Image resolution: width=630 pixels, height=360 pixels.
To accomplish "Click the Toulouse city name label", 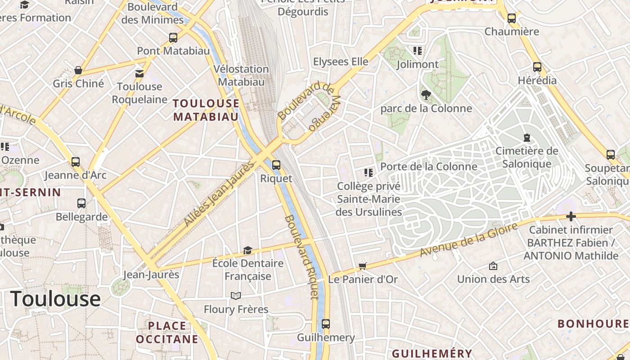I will point(55,299).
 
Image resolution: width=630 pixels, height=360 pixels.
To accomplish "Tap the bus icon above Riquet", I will point(276,165).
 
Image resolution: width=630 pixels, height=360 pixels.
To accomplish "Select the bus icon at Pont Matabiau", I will point(173,38).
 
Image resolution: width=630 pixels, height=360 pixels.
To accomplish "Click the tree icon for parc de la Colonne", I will point(426,95).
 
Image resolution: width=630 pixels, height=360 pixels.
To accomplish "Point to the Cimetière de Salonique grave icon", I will point(526,138).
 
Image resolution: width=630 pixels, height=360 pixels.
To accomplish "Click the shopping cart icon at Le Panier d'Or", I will point(363,266).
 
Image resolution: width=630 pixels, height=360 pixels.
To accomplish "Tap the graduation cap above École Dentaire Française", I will point(247,250).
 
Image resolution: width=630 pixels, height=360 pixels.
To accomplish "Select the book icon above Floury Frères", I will point(236,296).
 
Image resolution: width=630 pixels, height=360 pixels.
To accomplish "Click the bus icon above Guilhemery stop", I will point(326,324).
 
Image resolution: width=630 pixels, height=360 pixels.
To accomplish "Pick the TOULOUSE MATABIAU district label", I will point(206,110).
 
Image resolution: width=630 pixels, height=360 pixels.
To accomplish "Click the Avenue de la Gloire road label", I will point(468,240).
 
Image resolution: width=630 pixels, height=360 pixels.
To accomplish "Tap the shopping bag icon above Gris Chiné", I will point(78,70).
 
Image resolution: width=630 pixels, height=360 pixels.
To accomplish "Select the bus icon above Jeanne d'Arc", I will point(76,162).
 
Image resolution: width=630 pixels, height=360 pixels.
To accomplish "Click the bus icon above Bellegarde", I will point(81,203).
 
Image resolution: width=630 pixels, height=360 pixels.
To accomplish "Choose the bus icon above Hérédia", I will point(537,67).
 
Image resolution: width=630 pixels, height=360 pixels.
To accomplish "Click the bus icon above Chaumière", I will point(512,18).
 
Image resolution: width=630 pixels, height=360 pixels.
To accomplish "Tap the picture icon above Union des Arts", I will point(493,266).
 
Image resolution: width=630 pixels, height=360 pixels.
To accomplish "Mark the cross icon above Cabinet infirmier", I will point(571,217).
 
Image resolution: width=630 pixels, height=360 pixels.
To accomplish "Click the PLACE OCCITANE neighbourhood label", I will point(167,332).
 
